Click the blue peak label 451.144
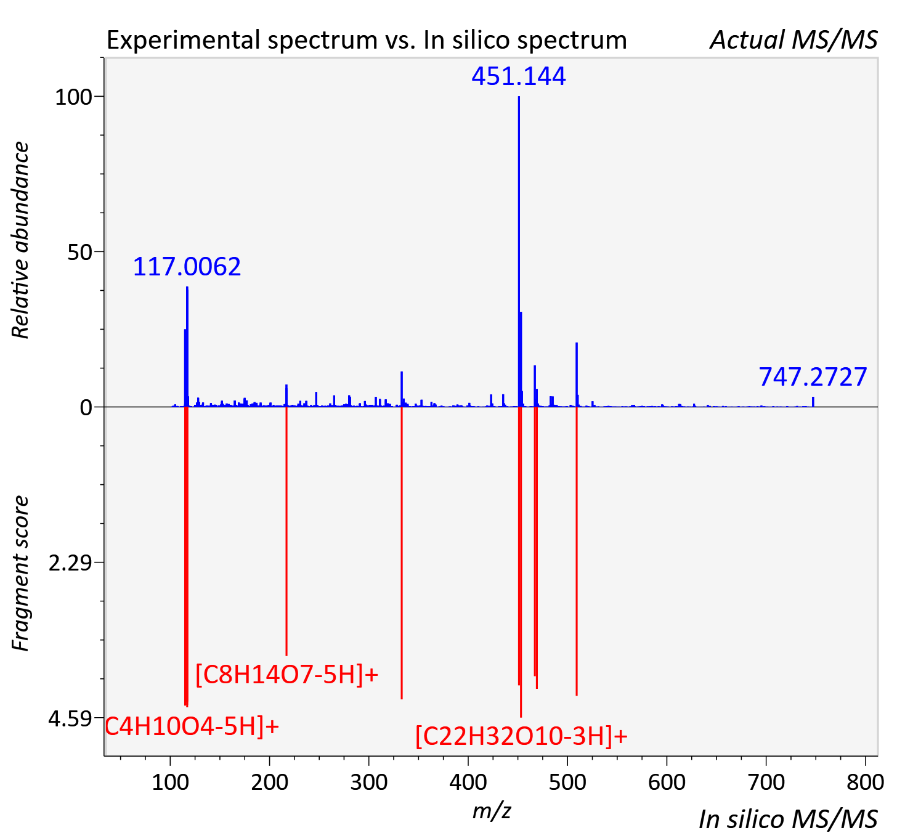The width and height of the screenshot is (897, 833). (x=518, y=76)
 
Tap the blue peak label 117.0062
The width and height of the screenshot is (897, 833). (x=187, y=267)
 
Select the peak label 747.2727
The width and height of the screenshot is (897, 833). (x=813, y=376)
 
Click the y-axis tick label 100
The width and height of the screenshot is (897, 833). (x=73, y=97)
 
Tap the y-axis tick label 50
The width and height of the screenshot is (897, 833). (x=79, y=252)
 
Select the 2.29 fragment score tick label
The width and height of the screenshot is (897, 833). (x=70, y=563)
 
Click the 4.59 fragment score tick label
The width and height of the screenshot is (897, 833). (x=70, y=718)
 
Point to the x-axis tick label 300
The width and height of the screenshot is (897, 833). (x=369, y=782)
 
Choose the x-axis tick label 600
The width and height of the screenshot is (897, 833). (x=667, y=782)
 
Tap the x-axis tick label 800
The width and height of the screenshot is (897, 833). (x=866, y=782)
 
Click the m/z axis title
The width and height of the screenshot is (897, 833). (x=492, y=810)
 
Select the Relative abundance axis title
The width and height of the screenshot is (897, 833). (x=20, y=240)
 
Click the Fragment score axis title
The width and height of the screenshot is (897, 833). (x=20, y=573)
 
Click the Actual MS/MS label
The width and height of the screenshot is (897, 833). (x=793, y=40)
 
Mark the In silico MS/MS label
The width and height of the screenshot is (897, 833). (x=788, y=819)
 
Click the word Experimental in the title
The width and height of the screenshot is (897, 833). (x=184, y=41)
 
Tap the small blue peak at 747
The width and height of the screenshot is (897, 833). (x=813, y=402)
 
